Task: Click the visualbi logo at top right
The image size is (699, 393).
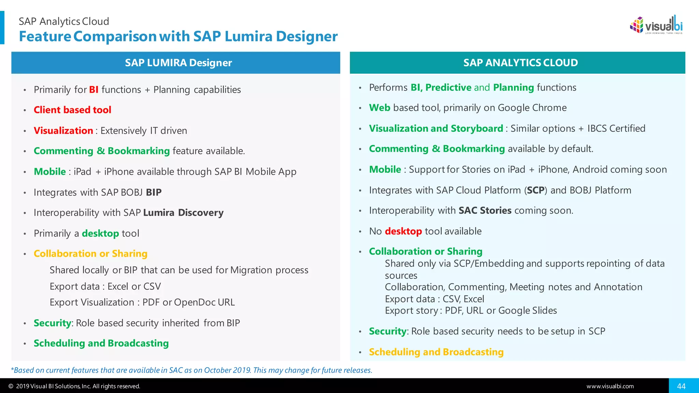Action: click(x=656, y=25)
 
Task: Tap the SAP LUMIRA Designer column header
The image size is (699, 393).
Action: click(x=178, y=63)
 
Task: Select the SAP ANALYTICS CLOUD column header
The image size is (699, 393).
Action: click(x=520, y=63)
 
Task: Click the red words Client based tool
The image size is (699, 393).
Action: click(x=72, y=110)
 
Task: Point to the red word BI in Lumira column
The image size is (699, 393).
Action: click(x=94, y=90)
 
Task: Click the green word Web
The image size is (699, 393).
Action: click(x=380, y=108)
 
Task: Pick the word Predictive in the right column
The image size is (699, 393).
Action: click(x=448, y=88)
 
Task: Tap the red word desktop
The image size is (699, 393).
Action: click(x=403, y=231)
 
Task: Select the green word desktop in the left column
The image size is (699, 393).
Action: click(x=100, y=233)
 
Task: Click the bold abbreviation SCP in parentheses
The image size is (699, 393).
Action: click(x=536, y=190)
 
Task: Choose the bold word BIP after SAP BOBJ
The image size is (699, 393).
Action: click(x=154, y=192)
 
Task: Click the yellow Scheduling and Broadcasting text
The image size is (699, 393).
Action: click(x=436, y=352)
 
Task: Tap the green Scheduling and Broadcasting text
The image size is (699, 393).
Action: click(x=101, y=343)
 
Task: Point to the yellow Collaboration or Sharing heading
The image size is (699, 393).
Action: click(x=90, y=254)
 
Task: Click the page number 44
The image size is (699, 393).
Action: click(x=681, y=386)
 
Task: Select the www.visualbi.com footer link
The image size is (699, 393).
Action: click(x=610, y=386)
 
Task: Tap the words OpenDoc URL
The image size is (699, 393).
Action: click(x=204, y=303)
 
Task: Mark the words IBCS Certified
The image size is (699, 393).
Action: click(x=616, y=129)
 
